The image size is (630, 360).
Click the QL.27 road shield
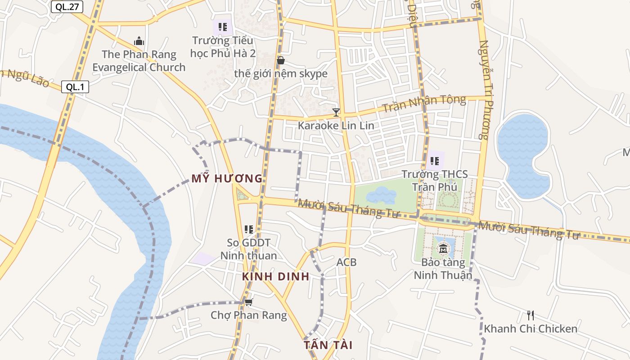[67, 7]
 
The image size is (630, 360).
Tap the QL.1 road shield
[75, 87]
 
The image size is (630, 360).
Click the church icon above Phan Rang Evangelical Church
[139, 41]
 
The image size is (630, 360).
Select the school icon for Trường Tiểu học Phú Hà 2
[223, 27]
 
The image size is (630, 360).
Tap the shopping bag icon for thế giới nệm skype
[281, 60]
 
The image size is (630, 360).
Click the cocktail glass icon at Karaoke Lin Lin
[336, 112]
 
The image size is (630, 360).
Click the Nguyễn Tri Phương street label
[484, 90]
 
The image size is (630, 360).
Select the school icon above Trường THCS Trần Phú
[434, 161]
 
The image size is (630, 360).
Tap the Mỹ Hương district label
[227, 179]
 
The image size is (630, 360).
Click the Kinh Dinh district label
[275, 276]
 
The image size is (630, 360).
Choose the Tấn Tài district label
[328, 345]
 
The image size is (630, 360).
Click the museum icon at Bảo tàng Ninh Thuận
[443, 248]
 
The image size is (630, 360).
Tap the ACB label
[346, 262]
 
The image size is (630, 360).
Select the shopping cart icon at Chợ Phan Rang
[248, 302]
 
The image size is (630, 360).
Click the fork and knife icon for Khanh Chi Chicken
[531, 315]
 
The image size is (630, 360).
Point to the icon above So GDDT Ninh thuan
[249, 229]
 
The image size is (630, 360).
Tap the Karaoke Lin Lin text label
[336, 126]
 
